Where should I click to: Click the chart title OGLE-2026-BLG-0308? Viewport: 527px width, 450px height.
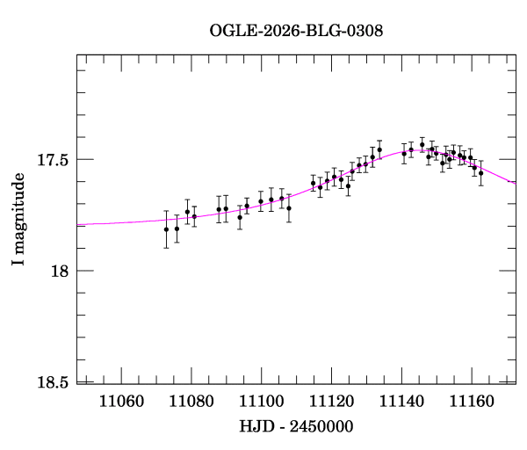(x=296, y=31)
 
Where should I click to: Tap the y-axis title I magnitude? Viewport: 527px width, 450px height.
(x=18, y=219)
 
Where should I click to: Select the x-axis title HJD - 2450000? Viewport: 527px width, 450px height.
(x=296, y=426)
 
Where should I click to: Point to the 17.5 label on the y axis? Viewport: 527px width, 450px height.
(x=53, y=160)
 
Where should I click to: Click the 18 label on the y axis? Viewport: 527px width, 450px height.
(x=60, y=271)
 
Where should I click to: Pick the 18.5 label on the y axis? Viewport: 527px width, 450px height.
(x=53, y=382)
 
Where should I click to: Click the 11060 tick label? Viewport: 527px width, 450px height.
(x=121, y=402)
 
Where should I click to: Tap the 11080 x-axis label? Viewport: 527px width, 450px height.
(x=191, y=402)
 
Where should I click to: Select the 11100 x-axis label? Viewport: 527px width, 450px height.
(x=262, y=402)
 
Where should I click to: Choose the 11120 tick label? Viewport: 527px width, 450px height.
(x=331, y=402)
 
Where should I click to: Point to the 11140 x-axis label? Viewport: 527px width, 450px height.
(x=401, y=402)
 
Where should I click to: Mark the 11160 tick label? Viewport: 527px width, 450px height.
(x=472, y=402)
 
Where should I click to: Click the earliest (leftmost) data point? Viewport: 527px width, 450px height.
(x=166, y=229)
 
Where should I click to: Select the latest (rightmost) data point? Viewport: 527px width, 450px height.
(x=481, y=173)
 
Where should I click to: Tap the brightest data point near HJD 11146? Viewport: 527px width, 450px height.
(x=422, y=145)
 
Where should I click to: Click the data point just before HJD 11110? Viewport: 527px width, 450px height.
(x=289, y=208)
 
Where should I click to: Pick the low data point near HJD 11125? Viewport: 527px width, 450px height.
(x=348, y=186)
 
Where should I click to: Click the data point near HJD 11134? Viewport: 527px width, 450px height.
(x=379, y=149)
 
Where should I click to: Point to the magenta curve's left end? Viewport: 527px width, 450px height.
(x=77, y=225)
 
